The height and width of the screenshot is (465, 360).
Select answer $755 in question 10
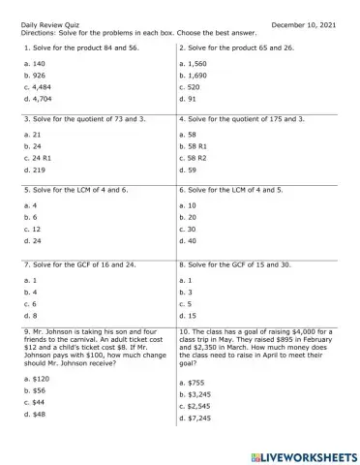tap(197, 383)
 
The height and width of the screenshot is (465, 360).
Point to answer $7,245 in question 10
tap(200, 418)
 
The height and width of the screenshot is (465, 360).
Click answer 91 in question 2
tap(191, 98)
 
